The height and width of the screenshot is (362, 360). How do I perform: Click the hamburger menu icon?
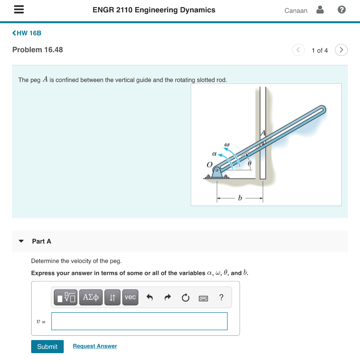tap(19, 10)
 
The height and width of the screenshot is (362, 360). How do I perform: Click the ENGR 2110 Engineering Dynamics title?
tap(154, 10)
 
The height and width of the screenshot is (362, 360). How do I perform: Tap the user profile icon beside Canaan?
tap(320, 10)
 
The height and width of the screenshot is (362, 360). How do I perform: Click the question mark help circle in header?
tap(341, 10)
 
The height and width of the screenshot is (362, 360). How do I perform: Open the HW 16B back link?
tap(27, 33)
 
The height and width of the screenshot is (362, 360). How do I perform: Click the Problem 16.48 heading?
tap(38, 50)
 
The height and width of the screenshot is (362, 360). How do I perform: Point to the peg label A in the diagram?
tap(263, 133)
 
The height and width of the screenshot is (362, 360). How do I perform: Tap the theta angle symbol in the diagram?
tap(249, 164)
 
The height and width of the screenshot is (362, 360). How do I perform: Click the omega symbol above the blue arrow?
tap(227, 144)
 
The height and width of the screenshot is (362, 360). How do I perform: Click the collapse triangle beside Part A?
tap(21, 241)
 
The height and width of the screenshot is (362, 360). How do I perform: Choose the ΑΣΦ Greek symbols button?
tap(91, 297)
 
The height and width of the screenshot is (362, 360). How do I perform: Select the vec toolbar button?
tap(130, 297)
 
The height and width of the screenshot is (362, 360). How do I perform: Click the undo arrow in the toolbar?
tap(150, 298)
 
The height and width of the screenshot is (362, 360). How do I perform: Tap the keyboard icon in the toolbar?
tap(203, 298)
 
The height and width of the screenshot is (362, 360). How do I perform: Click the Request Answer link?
tap(95, 346)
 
